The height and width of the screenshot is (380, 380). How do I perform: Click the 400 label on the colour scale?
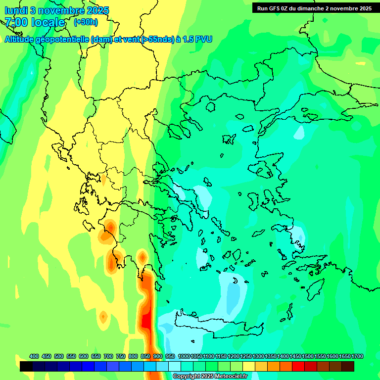(x=34, y=356)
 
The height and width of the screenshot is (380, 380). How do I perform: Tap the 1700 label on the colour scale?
(x=358, y=356)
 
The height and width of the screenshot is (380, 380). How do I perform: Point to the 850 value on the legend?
(x=145, y=356)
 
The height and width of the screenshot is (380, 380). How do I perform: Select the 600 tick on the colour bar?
(x=84, y=356)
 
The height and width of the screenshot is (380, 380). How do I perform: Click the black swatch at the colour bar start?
(x=26, y=366)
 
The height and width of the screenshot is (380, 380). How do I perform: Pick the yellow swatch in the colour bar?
(x=249, y=366)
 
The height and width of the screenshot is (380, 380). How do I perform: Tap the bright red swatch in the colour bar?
(x=298, y=366)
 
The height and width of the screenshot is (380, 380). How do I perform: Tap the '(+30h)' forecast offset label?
(x=86, y=22)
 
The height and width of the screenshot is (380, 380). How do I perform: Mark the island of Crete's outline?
(x=218, y=324)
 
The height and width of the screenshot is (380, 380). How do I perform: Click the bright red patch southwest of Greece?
(x=146, y=322)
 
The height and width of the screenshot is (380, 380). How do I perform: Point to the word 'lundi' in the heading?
(x=16, y=10)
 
